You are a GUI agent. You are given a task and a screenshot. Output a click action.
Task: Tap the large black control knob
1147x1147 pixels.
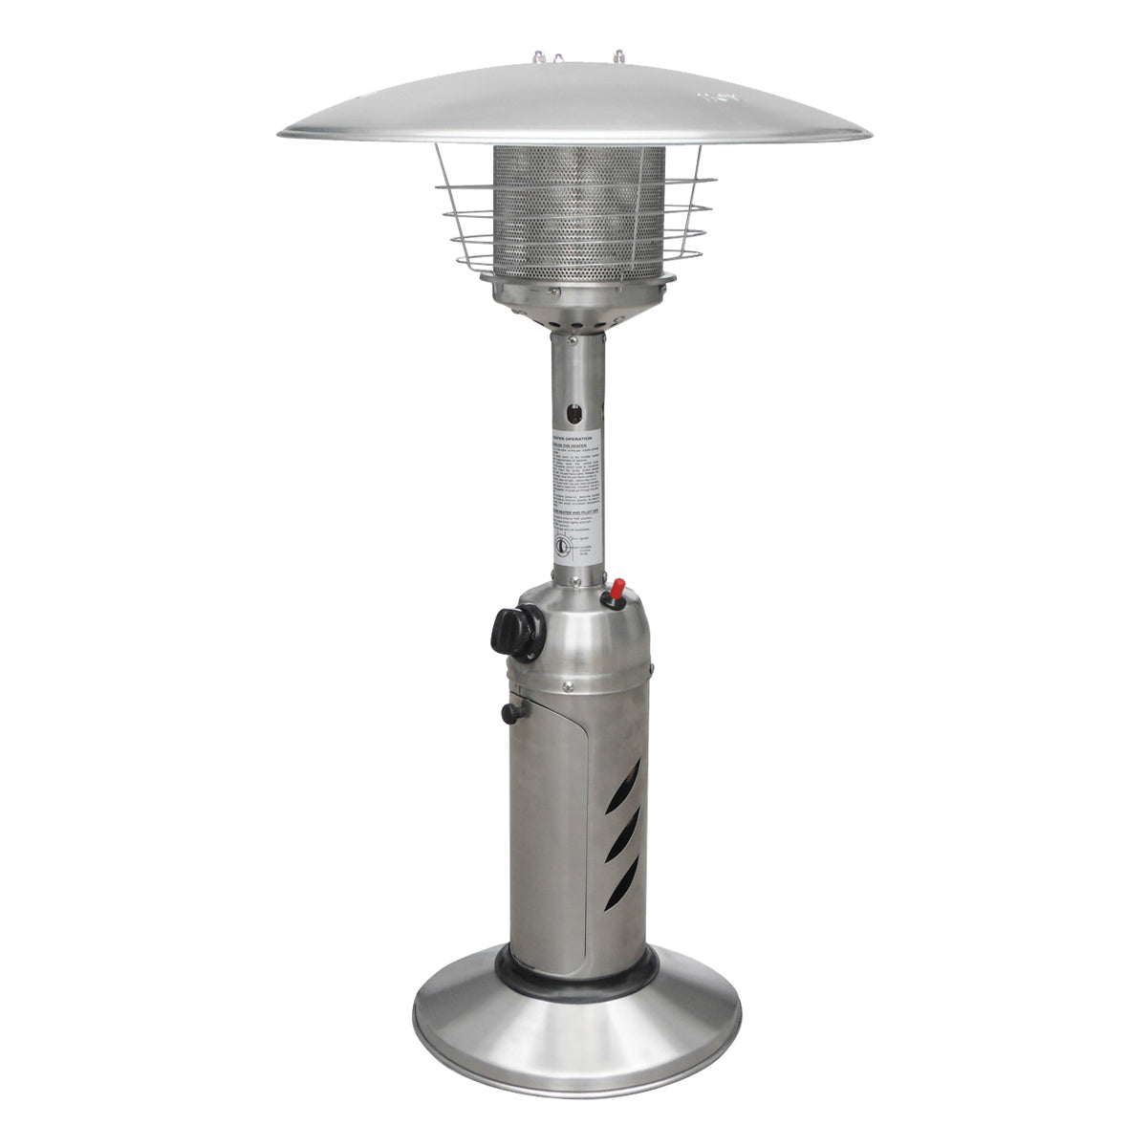pyautogui.click(x=513, y=632)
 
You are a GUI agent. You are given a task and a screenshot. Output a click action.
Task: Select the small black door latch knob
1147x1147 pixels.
pyautogui.click(x=513, y=712)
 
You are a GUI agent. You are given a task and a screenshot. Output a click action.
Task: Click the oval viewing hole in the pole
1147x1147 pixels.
pyautogui.click(x=573, y=413)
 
